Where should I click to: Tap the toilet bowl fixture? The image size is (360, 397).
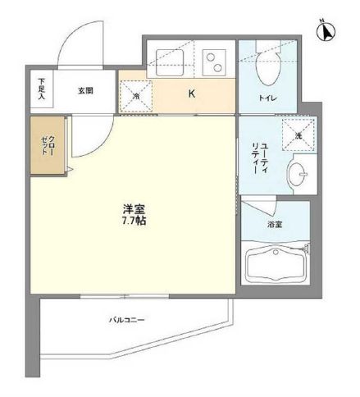point(267,69)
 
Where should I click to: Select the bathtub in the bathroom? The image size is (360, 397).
point(276,264)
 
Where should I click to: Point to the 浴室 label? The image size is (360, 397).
point(276,222)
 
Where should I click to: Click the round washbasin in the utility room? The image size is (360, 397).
point(298,173)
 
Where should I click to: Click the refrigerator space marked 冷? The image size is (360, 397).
point(137,93)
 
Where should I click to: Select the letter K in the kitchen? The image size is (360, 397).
point(192,93)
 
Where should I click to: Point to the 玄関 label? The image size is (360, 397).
point(85,90)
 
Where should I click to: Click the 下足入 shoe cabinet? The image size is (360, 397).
point(43,89)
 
